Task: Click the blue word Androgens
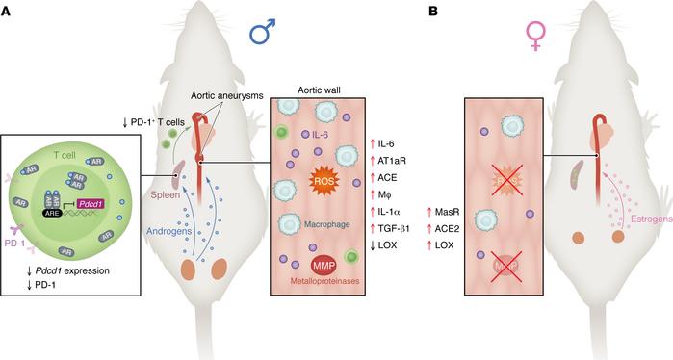(x=158, y=232)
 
